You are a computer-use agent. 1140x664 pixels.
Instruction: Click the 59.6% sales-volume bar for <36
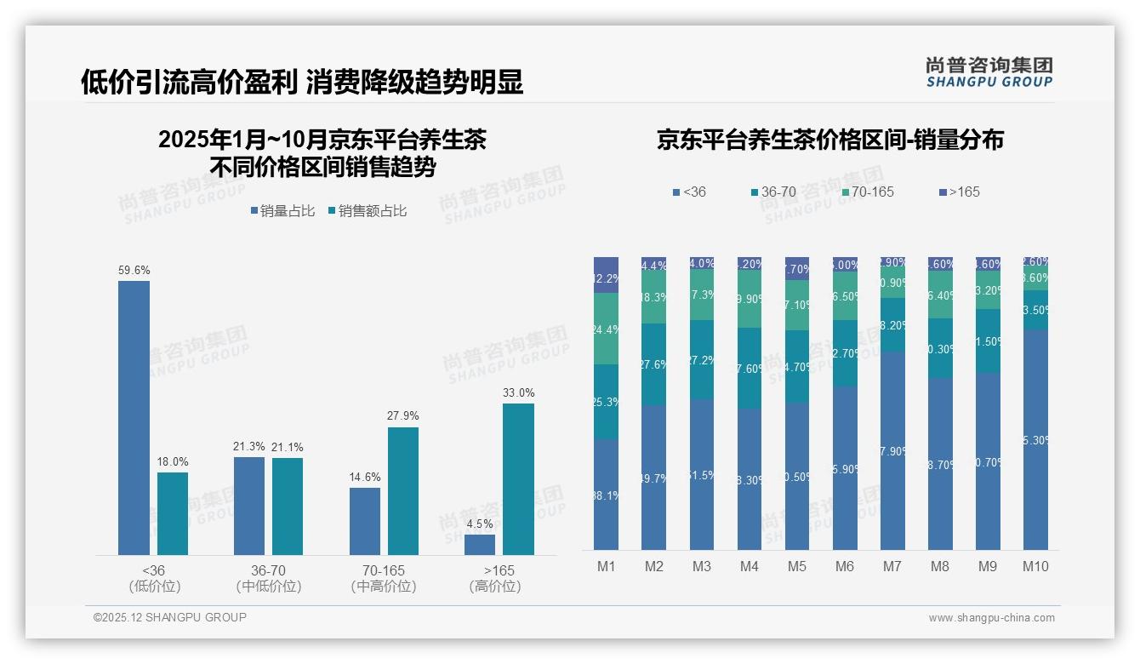point(134,418)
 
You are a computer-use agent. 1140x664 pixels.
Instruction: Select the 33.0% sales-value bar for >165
point(518,479)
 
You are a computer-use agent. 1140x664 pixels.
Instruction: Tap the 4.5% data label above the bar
point(480,524)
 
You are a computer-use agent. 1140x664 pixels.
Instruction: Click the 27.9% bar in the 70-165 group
point(403,491)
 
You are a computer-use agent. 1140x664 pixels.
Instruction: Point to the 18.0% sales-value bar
point(173,513)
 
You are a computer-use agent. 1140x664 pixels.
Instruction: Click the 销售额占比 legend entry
point(367,211)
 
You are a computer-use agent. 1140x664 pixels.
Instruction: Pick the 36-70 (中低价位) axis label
point(268,578)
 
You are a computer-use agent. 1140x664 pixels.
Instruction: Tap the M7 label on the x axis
point(892,567)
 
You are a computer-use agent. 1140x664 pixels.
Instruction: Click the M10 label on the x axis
point(1035,567)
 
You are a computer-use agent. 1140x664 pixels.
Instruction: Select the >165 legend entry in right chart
point(960,192)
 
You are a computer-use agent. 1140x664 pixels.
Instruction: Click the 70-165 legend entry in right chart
point(868,192)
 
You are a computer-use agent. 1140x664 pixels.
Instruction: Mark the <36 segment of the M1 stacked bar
point(606,495)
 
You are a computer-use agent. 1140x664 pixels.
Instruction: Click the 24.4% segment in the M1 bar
point(606,329)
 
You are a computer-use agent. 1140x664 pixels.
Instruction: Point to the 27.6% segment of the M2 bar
point(653,364)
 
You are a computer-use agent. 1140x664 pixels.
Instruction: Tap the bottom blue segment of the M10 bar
point(1035,440)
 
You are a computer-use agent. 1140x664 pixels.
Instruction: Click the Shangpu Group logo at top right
point(989,72)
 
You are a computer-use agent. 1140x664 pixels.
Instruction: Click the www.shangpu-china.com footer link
point(991,618)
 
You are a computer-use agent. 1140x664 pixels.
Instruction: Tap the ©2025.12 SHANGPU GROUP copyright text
point(170,617)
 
